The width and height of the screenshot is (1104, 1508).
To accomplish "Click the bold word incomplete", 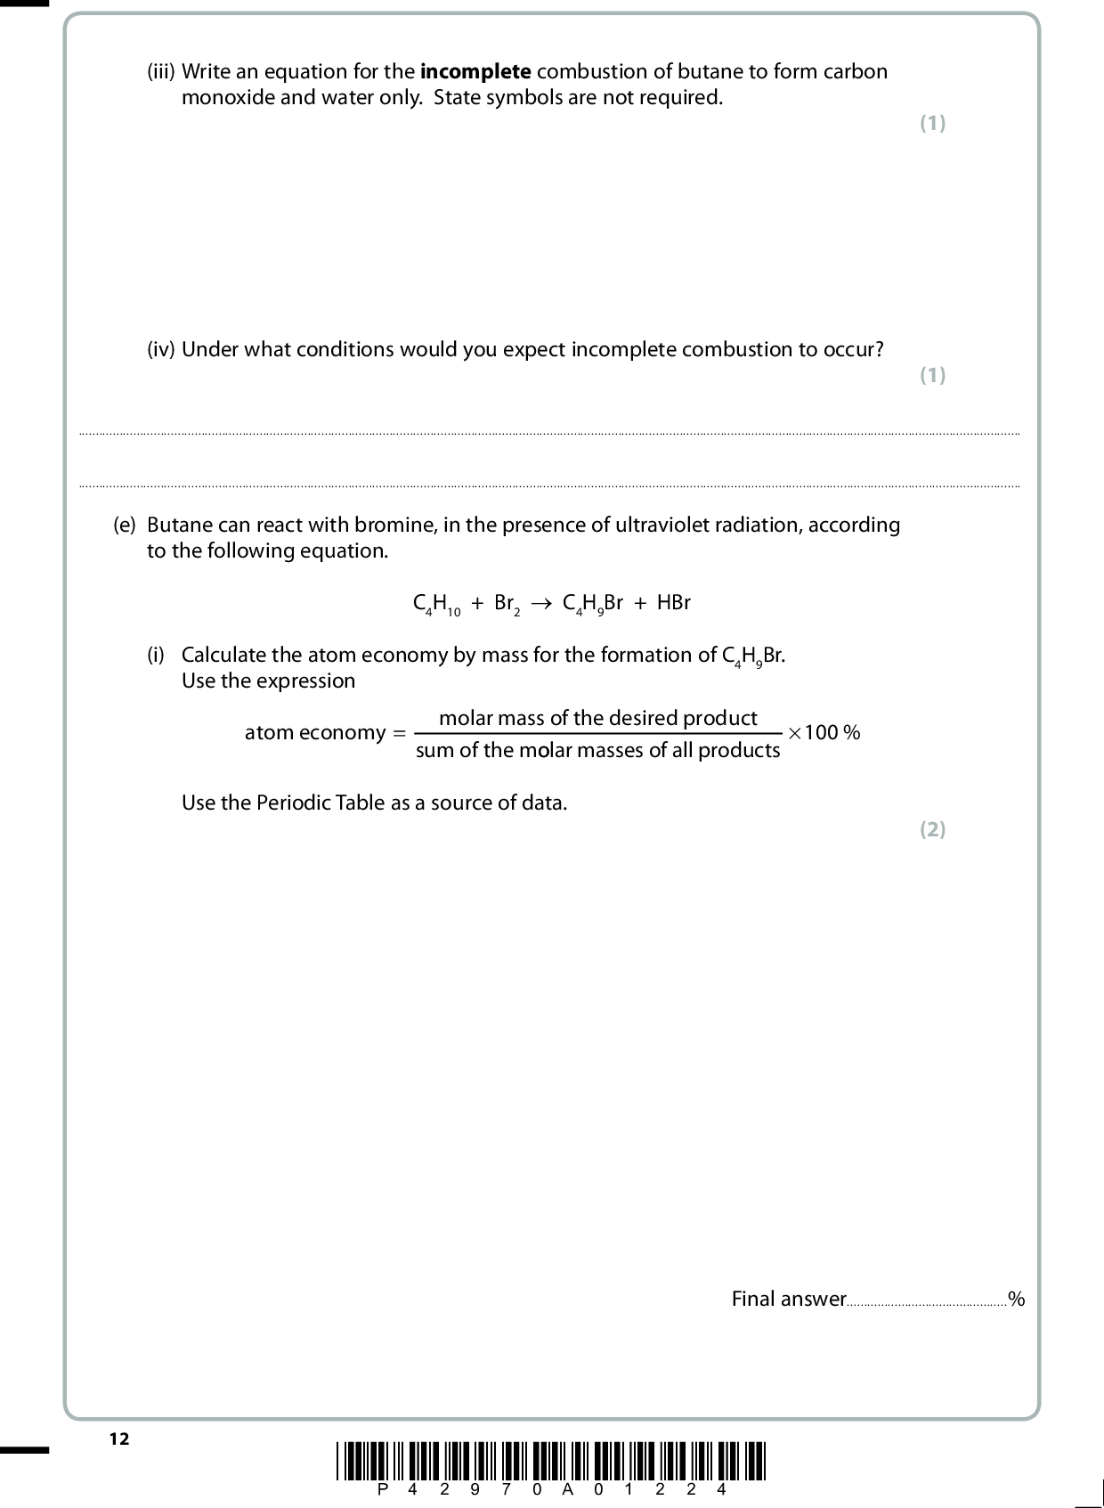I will pos(475,71).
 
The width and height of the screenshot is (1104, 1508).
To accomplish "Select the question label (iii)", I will pos(161,71).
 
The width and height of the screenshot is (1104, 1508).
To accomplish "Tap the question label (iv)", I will pos(161,349).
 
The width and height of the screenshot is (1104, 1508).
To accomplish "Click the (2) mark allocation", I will pos(932,829).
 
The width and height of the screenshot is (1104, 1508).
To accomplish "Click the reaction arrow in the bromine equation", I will pos(541,604).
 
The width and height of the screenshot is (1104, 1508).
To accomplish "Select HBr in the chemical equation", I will pos(673,603).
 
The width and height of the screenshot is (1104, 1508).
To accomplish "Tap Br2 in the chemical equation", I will pos(507,604).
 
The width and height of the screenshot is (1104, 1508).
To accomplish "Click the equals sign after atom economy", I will pos(398,733).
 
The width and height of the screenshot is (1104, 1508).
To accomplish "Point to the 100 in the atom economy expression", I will pos(821,733).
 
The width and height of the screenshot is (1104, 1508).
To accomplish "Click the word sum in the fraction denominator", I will pos(434,750).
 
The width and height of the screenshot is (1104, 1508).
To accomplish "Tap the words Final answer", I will pos(788,1299).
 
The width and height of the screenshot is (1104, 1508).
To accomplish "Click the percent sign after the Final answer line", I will pos(1016,1300).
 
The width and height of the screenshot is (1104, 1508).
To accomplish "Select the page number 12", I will pos(119,1439).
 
